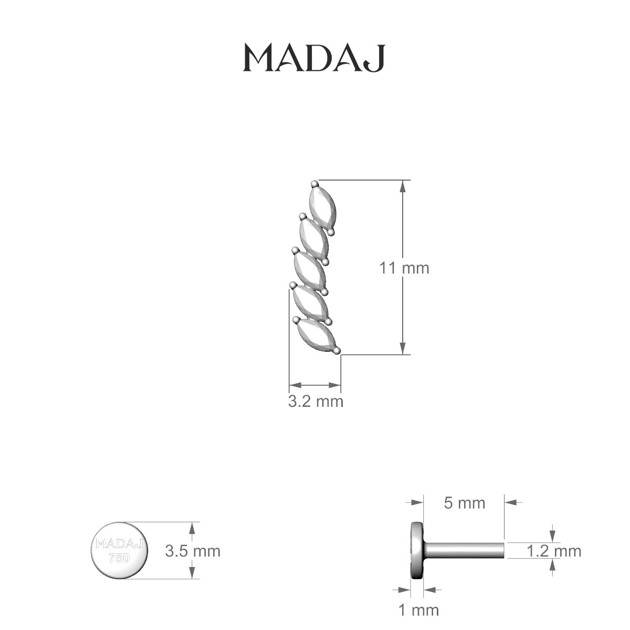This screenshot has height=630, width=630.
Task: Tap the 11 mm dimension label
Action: tap(404, 268)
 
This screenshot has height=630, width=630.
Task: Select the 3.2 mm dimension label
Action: tap(316, 402)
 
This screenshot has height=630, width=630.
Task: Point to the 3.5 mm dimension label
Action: tap(193, 551)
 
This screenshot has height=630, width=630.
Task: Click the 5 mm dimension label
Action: tap(465, 503)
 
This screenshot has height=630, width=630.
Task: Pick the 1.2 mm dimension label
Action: tap(554, 551)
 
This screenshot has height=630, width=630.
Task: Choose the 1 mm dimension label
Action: tap(418, 610)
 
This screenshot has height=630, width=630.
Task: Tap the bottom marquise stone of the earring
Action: tap(316, 334)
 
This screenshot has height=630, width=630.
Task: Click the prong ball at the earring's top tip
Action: tap(314, 184)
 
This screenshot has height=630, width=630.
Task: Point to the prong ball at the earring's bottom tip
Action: tap(337, 350)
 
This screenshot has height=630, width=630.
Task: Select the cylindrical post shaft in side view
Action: tap(465, 551)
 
